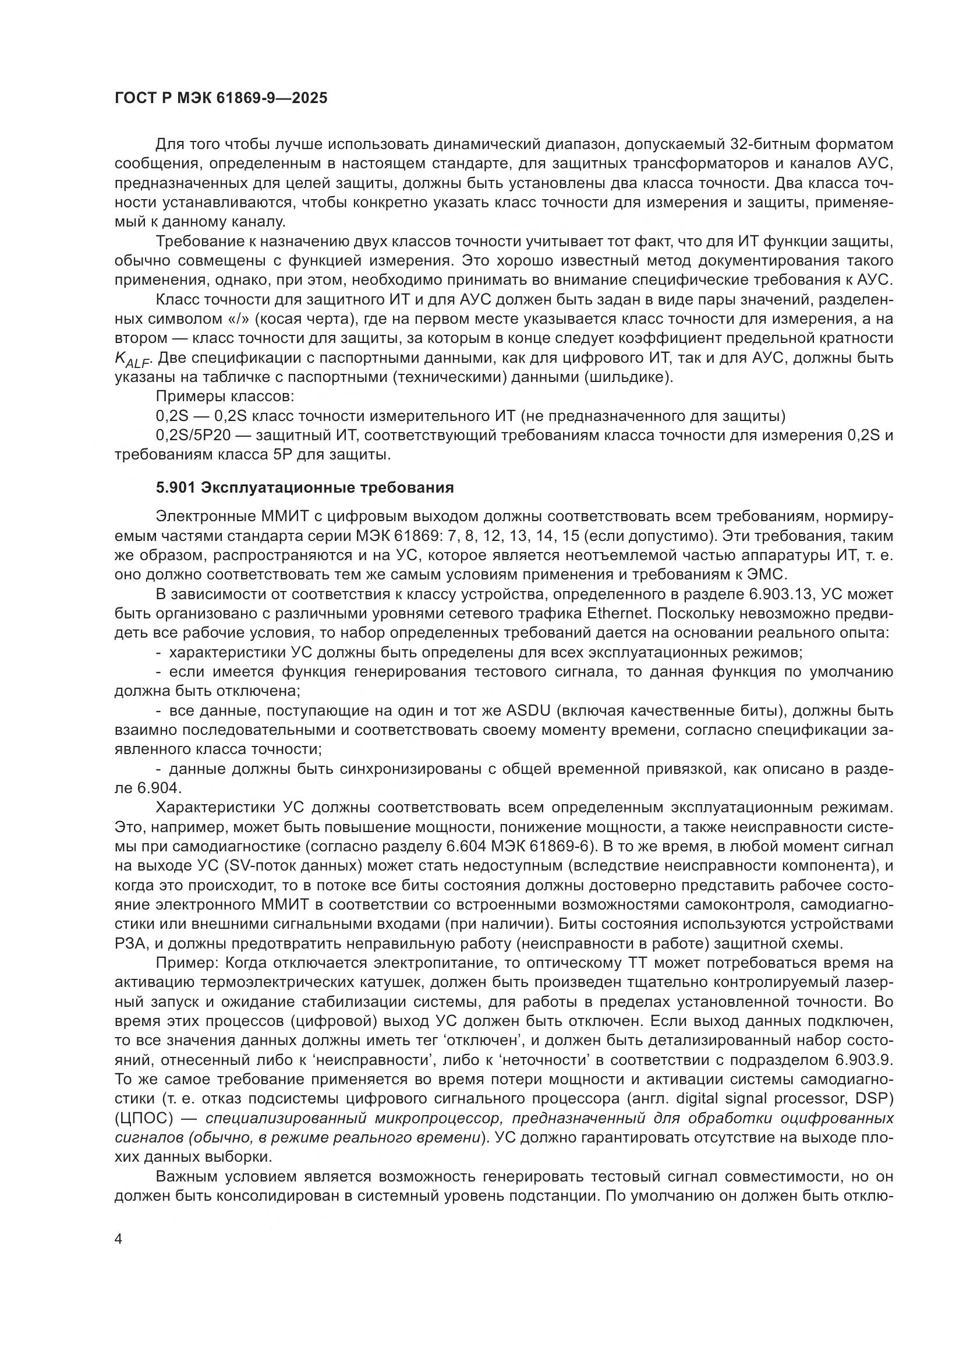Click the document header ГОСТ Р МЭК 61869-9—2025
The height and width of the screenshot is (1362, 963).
pos(221,98)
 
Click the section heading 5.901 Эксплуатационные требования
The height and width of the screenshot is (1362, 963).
pos(304,487)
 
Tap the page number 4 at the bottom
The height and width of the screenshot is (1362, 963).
pos(119,1239)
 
